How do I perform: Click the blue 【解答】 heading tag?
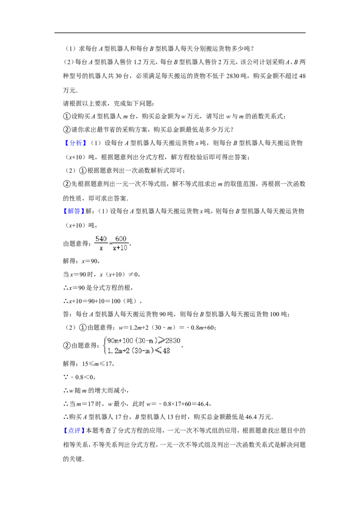click(x=74, y=211)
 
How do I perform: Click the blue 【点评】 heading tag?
click(x=74, y=431)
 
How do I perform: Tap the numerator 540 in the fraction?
click(x=101, y=239)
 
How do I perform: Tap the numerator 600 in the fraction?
click(x=121, y=239)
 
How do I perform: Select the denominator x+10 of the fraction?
click(x=120, y=248)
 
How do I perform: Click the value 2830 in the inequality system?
click(x=172, y=340)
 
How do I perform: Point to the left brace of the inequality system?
click(x=104, y=345)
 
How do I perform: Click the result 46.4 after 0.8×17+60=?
click(x=203, y=404)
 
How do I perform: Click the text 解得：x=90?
click(x=81, y=261)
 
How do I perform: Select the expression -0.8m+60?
click(x=202, y=327)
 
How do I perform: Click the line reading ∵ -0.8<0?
click(x=79, y=377)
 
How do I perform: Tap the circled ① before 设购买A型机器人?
click(x=67, y=116)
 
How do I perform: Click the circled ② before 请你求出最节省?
click(x=67, y=130)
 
